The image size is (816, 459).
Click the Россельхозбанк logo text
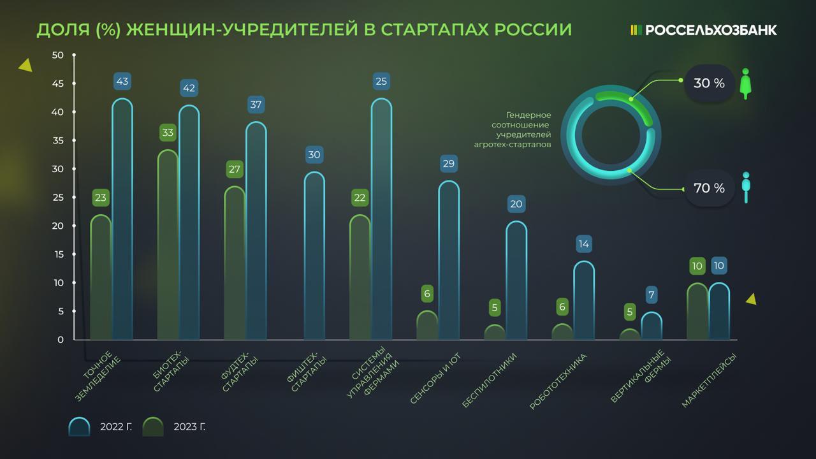(x=710, y=30)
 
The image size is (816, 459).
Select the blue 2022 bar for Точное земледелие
(x=122, y=220)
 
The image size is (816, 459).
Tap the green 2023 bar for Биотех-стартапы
(x=168, y=245)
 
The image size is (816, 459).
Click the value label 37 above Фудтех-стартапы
(x=256, y=105)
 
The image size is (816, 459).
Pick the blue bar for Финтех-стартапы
(x=314, y=255)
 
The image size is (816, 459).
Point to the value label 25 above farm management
(x=381, y=81)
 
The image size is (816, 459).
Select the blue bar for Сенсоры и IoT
(x=448, y=261)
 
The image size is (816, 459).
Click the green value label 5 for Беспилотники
(x=494, y=308)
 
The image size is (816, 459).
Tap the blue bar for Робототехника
(x=583, y=300)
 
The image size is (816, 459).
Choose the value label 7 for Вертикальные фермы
(x=651, y=295)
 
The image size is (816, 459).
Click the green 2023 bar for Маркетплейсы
(x=697, y=312)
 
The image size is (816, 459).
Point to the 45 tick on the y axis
(x=58, y=84)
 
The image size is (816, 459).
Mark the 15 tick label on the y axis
(x=58, y=254)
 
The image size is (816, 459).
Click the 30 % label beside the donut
(x=709, y=83)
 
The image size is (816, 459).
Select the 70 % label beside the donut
(x=709, y=188)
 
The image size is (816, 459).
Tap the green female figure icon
(x=745, y=84)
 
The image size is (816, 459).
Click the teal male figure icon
(x=745, y=187)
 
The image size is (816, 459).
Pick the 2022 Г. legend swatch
(x=80, y=426)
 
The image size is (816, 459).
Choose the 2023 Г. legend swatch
(x=153, y=426)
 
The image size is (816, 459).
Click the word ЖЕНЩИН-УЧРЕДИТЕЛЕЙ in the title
(x=244, y=30)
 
